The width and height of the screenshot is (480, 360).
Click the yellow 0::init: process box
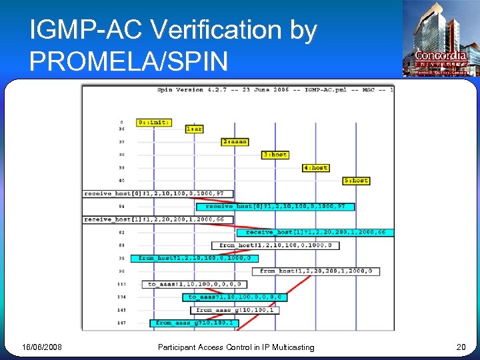tap(153, 123)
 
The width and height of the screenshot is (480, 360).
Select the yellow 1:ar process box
tap(194, 129)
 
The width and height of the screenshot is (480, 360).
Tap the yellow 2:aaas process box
tap(235, 142)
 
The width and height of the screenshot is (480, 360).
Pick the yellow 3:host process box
tap(275, 155)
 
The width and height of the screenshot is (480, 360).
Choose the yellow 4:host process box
tap(315, 168)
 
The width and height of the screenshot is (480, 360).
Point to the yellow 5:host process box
tap(356, 181)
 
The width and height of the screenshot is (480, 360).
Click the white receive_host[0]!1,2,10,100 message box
tap(158, 194)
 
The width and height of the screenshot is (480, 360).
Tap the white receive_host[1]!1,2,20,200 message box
tap(158, 219)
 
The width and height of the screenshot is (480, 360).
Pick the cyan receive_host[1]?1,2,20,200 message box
tap(315, 233)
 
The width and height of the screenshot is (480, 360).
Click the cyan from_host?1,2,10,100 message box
tap(194, 258)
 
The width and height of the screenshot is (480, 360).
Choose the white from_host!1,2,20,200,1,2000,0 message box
tap(316, 271)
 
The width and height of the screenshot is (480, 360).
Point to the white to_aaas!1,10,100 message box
tap(194, 284)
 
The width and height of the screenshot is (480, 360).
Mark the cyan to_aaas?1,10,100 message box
tap(235, 297)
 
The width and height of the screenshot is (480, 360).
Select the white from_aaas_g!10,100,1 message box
tap(235, 310)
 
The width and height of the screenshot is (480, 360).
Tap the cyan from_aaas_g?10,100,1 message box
tap(194, 323)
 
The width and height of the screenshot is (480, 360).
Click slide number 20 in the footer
tap(461, 347)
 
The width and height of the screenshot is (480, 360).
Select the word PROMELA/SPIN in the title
tap(129, 61)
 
